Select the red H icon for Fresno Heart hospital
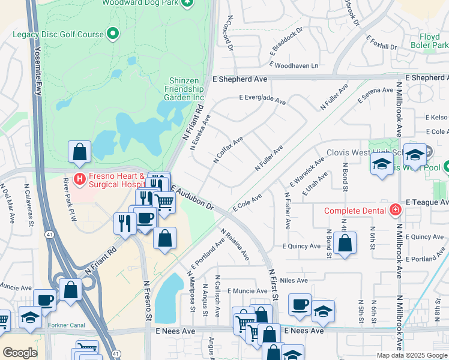pyautogui.click(x=79, y=179)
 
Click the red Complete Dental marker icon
pyautogui.click(x=395, y=210)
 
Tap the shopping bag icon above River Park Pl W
pyautogui.click(x=79, y=154)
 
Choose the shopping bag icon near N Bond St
pyautogui.click(x=345, y=244)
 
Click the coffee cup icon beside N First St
pyautogui.click(x=300, y=305)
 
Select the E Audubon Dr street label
pyautogui.click(x=193, y=197)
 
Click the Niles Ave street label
pyautogui.click(x=294, y=280)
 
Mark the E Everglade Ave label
pyautogui.click(x=262, y=99)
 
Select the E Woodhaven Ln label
pyautogui.click(x=294, y=65)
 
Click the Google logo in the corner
pyautogui.click(x=20, y=353)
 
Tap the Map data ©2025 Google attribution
pyautogui.click(x=411, y=355)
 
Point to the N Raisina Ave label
pyautogui.click(x=235, y=244)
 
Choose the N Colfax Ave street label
pyautogui.click(x=228, y=150)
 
